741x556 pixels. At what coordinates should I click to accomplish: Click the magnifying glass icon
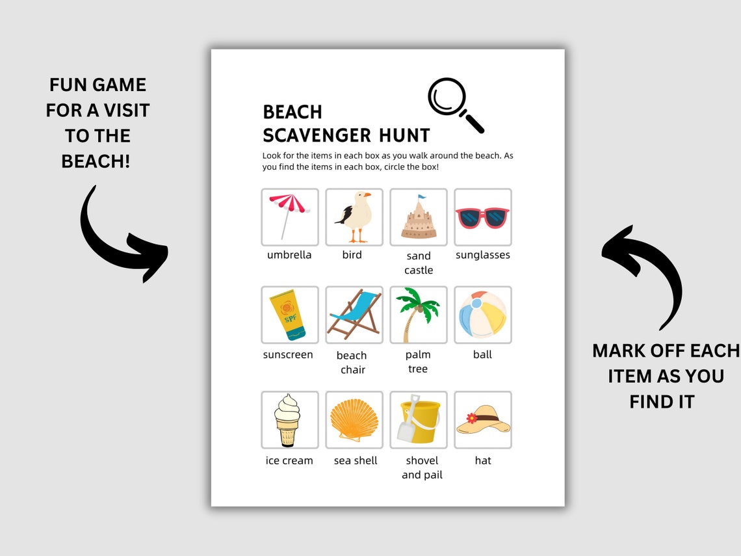click(455, 105)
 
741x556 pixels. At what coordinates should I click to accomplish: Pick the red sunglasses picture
click(482, 217)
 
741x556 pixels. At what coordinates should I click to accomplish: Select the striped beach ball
click(482, 314)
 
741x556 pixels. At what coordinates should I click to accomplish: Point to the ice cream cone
click(287, 419)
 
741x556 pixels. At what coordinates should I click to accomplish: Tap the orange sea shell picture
click(354, 420)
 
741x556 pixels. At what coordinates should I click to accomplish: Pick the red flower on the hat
click(472, 417)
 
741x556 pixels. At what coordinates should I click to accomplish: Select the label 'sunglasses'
click(482, 255)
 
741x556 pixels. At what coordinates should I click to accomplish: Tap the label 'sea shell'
click(356, 460)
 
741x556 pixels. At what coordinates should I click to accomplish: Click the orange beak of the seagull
click(367, 194)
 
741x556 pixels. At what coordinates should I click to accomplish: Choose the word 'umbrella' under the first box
click(289, 255)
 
